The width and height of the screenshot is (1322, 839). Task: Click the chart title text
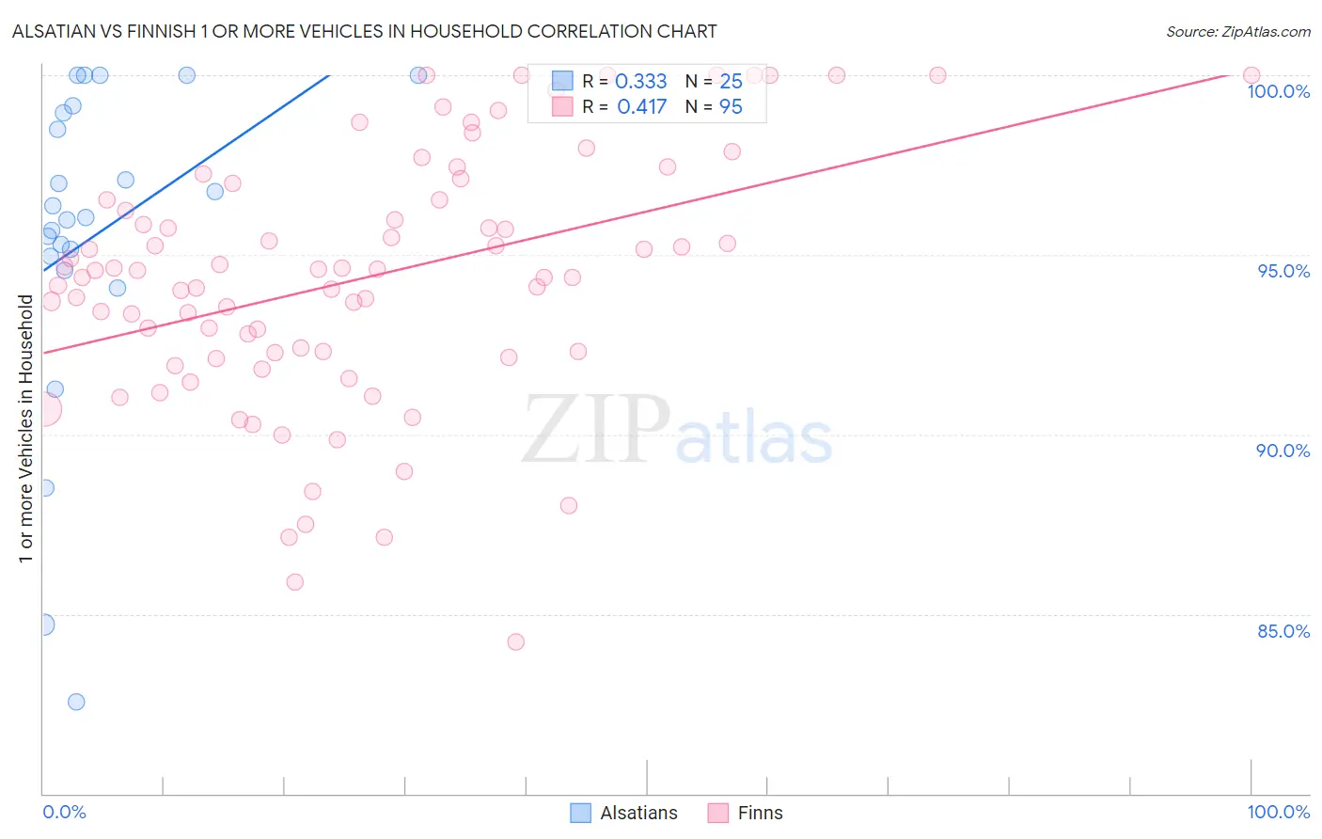(364, 31)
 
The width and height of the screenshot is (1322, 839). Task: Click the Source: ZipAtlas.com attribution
(1237, 31)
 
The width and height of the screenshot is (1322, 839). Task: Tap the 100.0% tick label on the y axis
(1278, 91)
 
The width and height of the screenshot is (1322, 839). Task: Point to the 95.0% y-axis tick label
(1283, 271)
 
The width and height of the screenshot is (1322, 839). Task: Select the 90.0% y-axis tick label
(1283, 451)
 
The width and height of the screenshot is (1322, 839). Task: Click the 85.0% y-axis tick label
(1283, 631)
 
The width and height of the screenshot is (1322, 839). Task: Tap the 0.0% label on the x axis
(64, 812)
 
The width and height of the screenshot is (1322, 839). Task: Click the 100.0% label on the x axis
(1278, 812)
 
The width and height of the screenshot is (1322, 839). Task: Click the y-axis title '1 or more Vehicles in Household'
(25, 429)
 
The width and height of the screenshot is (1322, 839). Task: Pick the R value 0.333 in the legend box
(640, 82)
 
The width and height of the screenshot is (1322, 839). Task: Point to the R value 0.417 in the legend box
(641, 107)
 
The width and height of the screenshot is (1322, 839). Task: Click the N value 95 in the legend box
(731, 107)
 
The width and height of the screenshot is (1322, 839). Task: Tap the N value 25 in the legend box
(731, 82)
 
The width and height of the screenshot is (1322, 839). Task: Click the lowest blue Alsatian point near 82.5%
(76, 702)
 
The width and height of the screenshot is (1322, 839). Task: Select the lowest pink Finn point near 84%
(515, 642)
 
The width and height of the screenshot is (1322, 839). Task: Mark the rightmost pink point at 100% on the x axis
(1251, 75)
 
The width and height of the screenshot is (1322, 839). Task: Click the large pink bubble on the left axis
(43, 410)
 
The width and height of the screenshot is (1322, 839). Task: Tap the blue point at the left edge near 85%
(43, 625)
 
